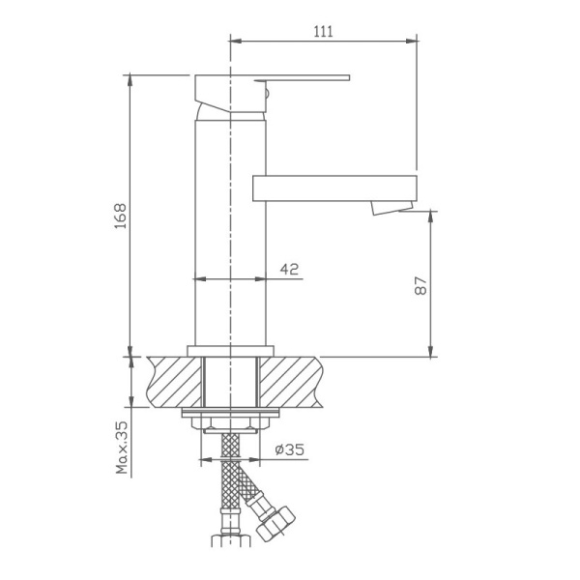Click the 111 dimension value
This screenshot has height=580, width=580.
tap(323, 31)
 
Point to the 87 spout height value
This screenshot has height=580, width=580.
tap(420, 285)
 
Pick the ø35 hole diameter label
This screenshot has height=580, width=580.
tap(290, 449)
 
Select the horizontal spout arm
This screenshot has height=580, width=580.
tap(333, 188)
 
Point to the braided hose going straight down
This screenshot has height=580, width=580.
tap(230, 483)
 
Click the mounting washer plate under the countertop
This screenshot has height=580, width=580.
tap(230, 416)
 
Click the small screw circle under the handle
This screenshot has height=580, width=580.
tap(268, 94)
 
